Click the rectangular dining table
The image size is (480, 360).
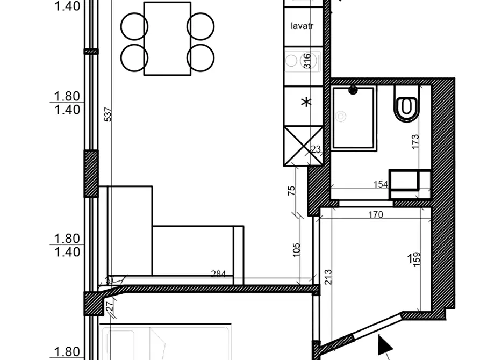click(167, 39)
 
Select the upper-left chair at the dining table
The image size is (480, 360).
click(134, 25)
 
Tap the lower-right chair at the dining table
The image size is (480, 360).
click(200, 57)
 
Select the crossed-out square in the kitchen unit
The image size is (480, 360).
click(303, 146)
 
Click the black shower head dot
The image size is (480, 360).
click(353, 91)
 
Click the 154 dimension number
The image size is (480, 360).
click(381, 184)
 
